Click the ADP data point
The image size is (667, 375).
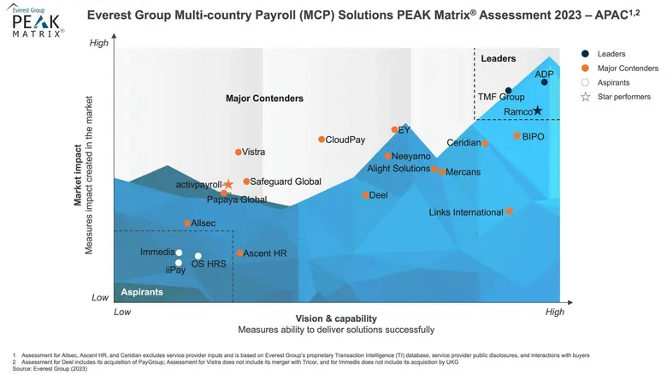click(545, 82)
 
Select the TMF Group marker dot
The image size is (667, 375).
click(508, 91)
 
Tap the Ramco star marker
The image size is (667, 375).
click(538, 110)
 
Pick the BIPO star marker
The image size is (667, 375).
click(516, 136)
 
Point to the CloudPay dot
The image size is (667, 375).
click(322, 140)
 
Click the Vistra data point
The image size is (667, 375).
click(239, 152)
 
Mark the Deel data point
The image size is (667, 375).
click(365, 195)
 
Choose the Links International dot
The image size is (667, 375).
click(509, 211)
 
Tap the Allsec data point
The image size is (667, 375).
click(187, 223)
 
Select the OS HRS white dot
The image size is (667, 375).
click(198, 256)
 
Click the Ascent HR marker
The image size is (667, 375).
click(240, 253)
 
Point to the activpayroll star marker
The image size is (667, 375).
click(228, 184)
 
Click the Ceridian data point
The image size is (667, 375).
click(485, 143)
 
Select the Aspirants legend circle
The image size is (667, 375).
click(585, 82)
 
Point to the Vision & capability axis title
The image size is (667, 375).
click(336, 318)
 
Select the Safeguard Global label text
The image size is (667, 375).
click(286, 182)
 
